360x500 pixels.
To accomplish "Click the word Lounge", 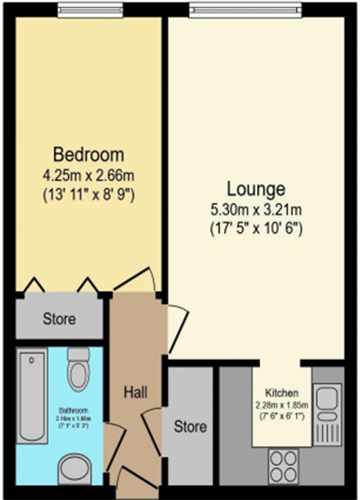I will [255, 189].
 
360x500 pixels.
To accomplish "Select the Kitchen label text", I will [280, 393].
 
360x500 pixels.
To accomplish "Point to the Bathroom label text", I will [73, 410].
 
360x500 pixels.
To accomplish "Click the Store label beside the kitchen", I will [191, 426].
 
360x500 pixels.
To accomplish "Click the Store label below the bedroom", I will [59, 318].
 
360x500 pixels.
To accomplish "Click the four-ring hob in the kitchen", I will [286, 464].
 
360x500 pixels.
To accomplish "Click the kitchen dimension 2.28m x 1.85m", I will [280, 405].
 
